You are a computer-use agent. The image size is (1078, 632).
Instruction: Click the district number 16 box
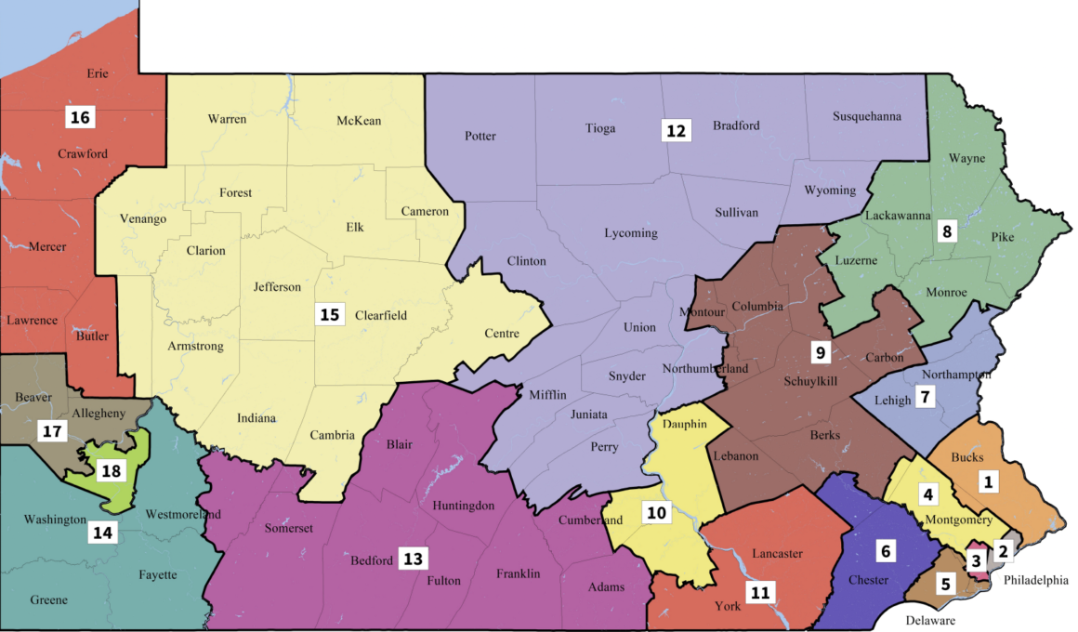(x=79, y=117)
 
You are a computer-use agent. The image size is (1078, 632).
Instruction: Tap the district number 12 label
(x=676, y=131)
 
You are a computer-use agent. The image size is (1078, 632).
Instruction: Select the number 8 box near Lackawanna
(x=947, y=231)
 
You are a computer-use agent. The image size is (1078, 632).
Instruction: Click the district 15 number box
(x=329, y=314)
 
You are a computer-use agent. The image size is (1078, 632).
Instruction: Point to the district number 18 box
(x=111, y=471)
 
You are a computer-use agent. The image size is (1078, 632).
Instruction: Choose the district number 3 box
(x=976, y=560)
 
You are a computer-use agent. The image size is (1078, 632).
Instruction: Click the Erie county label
(x=98, y=73)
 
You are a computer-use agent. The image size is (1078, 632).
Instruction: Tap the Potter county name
(x=480, y=137)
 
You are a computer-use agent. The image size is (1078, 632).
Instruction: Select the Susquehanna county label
(x=867, y=117)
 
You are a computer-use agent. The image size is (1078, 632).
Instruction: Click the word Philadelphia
(x=1036, y=581)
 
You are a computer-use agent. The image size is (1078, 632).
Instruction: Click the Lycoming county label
(x=630, y=233)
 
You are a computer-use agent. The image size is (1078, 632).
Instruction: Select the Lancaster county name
(x=777, y=554)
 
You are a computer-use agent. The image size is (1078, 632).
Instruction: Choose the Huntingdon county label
(x=463, y=507)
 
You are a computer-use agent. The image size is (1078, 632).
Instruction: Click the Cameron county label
(x=425, y=212)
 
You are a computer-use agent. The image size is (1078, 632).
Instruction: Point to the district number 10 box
(x=657, y=512)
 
